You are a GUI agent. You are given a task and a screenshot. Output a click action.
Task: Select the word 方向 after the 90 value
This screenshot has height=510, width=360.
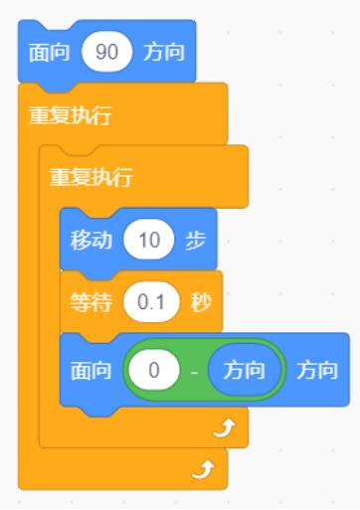(165, 52)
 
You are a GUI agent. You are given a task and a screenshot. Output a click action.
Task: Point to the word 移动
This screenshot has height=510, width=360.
(90, 240)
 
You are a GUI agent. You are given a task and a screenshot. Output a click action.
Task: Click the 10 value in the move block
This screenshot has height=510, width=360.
(149, 240)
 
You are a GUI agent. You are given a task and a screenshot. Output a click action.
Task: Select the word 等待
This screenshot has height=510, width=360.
(90, 301)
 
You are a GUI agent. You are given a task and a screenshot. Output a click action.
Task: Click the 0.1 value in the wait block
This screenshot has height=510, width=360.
(150, 301)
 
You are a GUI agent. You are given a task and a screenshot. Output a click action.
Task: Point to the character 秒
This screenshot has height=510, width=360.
(199, 301)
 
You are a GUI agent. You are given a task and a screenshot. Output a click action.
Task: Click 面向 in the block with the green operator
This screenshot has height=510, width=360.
(90, 370)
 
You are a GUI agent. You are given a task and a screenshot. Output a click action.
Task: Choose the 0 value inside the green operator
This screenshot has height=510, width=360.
(154, 370)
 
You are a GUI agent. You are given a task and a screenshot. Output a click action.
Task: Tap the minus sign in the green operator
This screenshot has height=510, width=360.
(195, 371)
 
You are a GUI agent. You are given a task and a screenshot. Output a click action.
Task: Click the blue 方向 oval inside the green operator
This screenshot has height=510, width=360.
(244, 370)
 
